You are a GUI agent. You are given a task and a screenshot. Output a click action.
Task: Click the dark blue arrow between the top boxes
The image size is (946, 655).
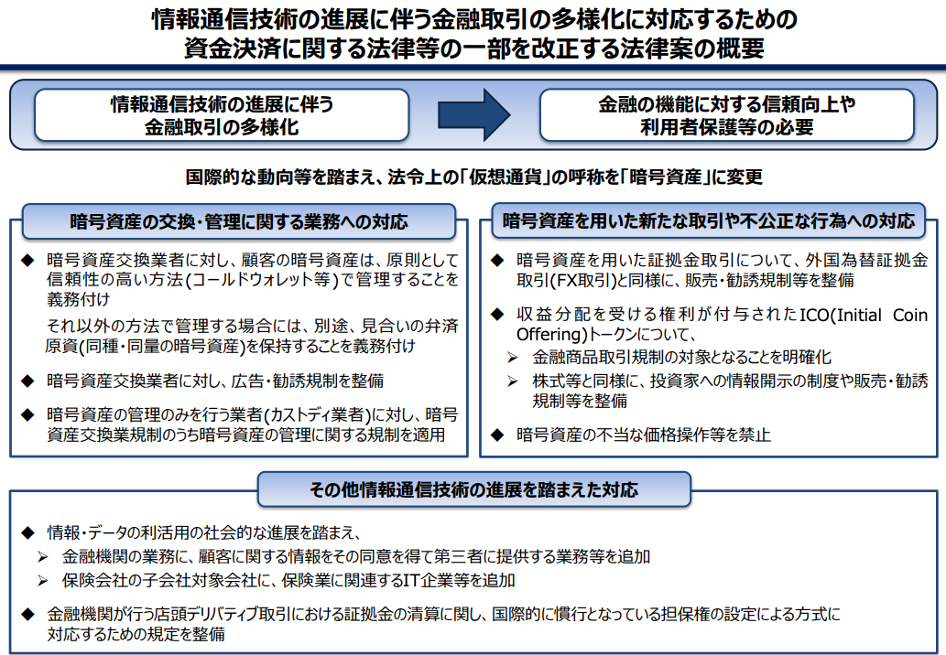tap(474, 115)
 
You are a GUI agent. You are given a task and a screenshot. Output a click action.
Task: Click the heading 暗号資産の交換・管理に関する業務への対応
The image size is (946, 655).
tap(239, 221)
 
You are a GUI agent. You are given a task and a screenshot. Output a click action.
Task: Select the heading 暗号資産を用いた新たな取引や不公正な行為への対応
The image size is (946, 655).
tap(709, 221)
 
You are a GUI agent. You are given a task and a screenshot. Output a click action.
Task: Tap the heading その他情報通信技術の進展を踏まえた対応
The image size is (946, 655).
tap(474, 489)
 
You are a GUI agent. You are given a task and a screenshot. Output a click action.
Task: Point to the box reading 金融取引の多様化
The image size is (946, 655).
tap(222, 115)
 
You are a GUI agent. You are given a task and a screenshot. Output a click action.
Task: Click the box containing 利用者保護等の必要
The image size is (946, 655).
tap(727, 115)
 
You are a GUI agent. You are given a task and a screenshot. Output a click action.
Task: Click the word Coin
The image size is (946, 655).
tap(909, 315)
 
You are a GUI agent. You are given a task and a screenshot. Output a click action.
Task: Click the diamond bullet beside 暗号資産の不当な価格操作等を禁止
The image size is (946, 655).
tap(497, 435)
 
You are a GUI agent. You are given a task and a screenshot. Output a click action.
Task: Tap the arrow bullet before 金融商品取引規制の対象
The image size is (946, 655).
tap(513, 358)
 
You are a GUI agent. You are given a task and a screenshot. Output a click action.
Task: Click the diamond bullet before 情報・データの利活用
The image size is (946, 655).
tap(27, 532)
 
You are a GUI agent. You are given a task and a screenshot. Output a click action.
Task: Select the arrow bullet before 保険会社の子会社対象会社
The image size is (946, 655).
tap(42, 581)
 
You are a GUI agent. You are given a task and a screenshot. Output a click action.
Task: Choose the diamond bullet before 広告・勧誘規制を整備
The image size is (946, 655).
tap(27, 381)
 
